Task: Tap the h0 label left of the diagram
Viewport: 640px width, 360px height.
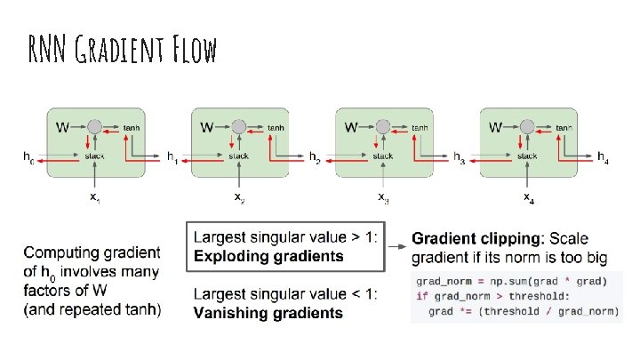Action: [29, 157]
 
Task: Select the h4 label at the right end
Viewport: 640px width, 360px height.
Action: [604, 157]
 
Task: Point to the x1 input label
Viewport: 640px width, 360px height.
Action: [94, 196]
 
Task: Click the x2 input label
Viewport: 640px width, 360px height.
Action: [238, 196]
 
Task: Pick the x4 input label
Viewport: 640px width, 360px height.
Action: [527, 196]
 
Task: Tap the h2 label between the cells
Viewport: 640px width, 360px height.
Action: [316, 157]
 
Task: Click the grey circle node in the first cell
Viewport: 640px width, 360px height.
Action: [94, 128]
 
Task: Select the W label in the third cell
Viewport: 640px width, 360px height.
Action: [352, 128]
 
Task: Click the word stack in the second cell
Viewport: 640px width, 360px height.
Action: [238, 156]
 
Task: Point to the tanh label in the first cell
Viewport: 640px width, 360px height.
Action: [132, 128]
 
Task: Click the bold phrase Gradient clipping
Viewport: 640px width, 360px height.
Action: [477, 239]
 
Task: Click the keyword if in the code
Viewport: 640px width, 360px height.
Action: [421, 297]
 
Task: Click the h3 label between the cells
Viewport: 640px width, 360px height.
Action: [460, 157]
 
